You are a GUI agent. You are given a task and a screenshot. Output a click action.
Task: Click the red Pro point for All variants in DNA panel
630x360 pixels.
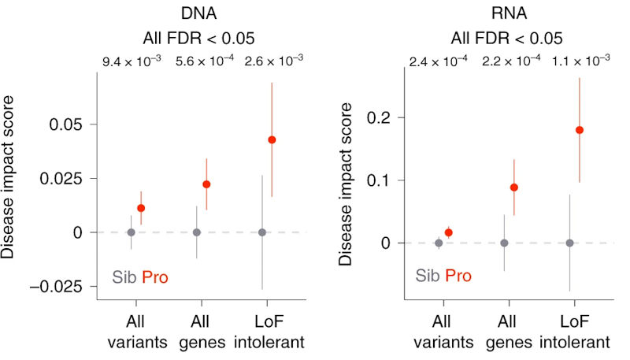click(x=142, y=208)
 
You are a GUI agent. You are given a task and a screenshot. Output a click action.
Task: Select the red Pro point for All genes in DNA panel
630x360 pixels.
click(x=207, y=184)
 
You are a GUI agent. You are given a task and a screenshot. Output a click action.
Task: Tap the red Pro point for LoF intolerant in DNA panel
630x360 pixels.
click(x=272, y=139)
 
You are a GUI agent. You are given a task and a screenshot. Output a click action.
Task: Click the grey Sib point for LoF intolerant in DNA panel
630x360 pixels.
click(x=262, y=232)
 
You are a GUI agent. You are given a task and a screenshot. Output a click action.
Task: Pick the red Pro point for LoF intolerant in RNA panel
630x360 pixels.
click(x=580, y=130)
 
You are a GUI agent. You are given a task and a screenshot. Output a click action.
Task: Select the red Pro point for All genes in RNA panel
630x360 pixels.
click(x=514, y=187)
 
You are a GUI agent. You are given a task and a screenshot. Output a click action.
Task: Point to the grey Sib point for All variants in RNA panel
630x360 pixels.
click(x=439, y=243)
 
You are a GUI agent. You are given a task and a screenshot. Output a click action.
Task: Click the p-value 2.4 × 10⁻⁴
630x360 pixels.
click(x=441, y=61)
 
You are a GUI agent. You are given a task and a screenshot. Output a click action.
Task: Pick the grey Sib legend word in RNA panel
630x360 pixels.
click(x=428, y=276)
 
